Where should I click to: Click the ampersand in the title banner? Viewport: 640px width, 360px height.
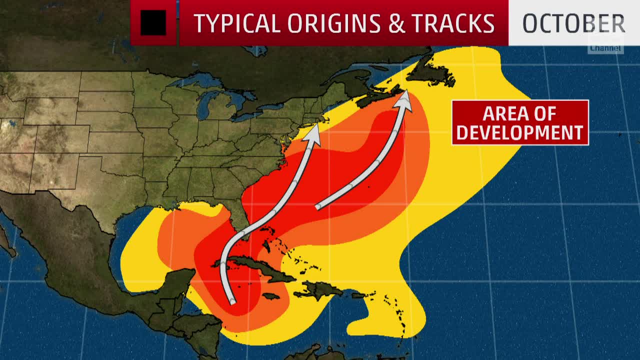396,23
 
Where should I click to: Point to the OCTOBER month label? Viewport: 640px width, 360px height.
573,23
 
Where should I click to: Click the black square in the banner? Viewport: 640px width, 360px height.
153,23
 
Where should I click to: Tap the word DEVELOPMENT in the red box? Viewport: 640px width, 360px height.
520,132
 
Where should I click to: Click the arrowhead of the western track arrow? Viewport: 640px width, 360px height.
314,131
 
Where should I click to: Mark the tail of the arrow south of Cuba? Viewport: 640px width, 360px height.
231,301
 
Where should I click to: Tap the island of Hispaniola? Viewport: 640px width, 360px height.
320,289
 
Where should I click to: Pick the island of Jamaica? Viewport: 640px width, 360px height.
270,296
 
